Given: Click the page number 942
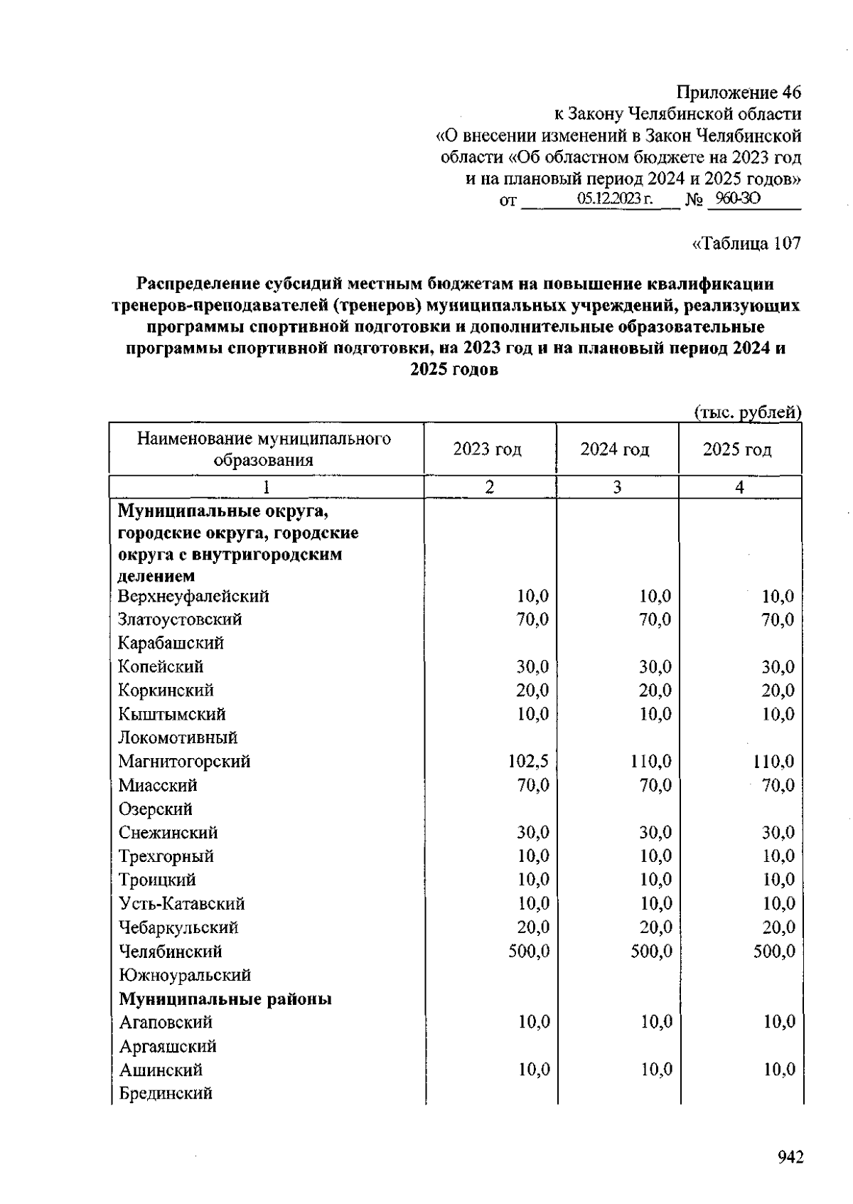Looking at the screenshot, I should (790, 1157).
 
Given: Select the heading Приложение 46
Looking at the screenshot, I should (738, 92).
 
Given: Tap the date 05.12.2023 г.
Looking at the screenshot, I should (615, 199).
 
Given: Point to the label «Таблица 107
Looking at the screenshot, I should (746, 244).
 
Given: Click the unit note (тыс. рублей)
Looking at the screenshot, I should (747, 412).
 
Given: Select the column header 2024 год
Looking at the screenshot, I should (615, 449).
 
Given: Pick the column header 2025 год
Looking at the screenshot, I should (737, 449).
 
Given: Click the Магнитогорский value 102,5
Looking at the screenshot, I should (527, 762).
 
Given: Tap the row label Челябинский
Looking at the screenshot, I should (170, 952).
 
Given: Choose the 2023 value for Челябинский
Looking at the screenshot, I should (529, 952).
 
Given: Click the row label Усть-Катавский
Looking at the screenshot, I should (181, 904).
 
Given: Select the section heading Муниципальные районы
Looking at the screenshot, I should (225, 999).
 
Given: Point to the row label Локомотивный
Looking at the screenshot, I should (178, 737).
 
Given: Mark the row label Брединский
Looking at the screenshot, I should (166, 1094).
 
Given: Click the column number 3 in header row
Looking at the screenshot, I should (617, 487).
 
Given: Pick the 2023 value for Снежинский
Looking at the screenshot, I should (532, 833).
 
